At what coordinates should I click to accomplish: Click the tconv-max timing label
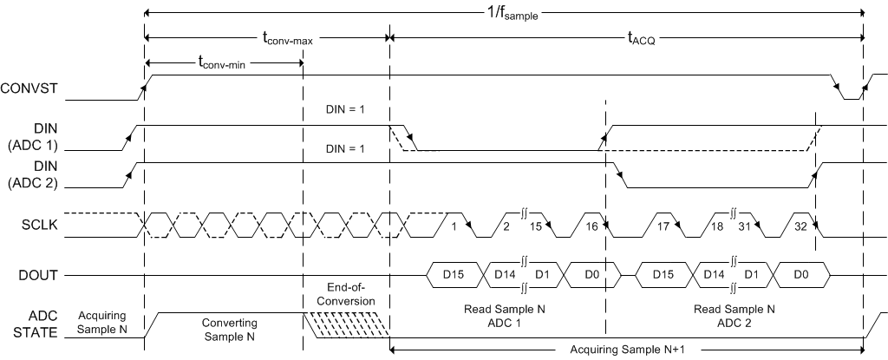[289, 38]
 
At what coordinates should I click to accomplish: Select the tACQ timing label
[641, 38]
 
